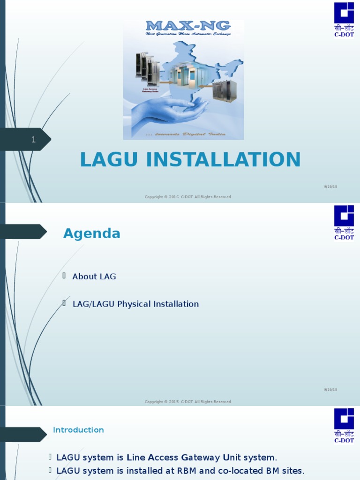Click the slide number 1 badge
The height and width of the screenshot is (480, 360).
33,140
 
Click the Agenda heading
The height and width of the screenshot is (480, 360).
92,233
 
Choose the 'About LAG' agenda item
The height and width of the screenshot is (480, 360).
94,277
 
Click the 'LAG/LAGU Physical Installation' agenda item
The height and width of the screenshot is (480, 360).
135,304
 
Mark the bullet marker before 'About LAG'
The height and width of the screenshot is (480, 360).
64,276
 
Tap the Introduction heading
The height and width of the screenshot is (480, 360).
78,430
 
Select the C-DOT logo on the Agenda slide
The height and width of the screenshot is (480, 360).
344,221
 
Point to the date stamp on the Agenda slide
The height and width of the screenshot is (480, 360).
330,390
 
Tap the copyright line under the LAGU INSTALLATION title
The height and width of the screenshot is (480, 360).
187,197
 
